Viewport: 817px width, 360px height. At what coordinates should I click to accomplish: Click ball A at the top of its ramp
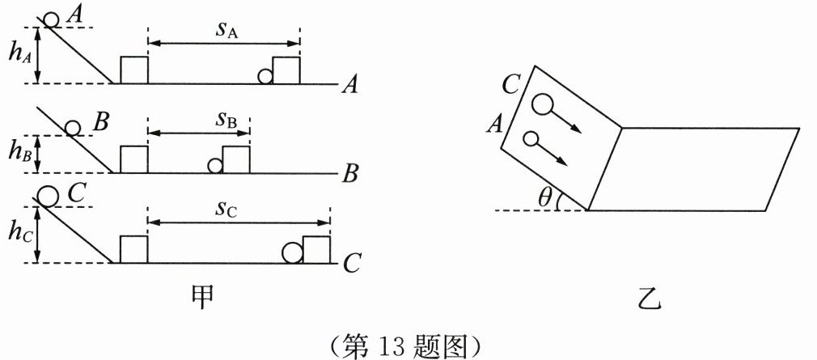(x=51, y=19)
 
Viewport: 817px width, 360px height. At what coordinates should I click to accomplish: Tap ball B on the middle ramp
(x=73, y=128)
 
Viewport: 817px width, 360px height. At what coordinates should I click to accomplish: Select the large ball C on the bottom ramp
(x=48, y=196)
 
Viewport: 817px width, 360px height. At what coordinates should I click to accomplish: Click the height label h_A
(x=19, y=56)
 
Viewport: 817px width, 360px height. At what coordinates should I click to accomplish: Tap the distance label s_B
(x=226, y=122)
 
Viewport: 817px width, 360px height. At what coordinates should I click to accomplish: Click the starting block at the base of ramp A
(x=134, y=70)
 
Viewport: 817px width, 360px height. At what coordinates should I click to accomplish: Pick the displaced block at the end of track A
(x=286, y=70)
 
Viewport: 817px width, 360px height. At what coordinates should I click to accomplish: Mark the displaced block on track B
(x=236, y=159)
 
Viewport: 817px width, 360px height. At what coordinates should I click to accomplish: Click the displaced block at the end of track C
(x=317, y=250)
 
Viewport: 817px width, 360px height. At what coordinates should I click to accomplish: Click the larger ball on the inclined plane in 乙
(x=540, y=104)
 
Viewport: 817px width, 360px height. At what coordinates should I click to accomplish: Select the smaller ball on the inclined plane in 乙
(x=531, y=139)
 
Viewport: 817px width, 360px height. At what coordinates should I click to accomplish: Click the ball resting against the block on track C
(x=293, y=253)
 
